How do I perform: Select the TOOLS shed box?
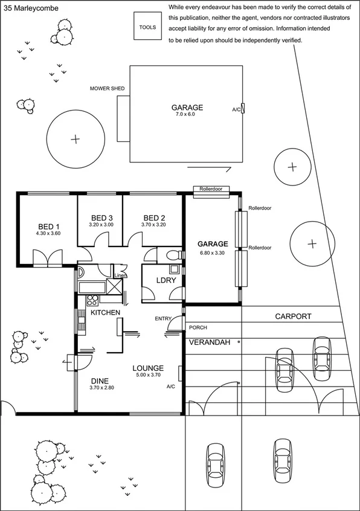[147, 27]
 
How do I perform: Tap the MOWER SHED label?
[107, 89]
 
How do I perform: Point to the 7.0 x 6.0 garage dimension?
[186, 114]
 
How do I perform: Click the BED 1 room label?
[48, 227]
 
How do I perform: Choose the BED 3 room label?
[101, 218]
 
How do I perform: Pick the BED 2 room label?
[155, 218]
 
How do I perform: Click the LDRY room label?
[166, 280]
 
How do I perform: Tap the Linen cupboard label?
[121, 275]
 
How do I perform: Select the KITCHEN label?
[105, 312]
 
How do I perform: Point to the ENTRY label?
[162, 319]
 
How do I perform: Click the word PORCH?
[198, 327]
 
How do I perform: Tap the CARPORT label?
[293, 316]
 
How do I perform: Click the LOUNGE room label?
[148, 367]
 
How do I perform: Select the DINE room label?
[100, 381]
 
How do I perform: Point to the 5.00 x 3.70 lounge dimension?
[148, 375]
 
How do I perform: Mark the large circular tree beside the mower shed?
[75, 140]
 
